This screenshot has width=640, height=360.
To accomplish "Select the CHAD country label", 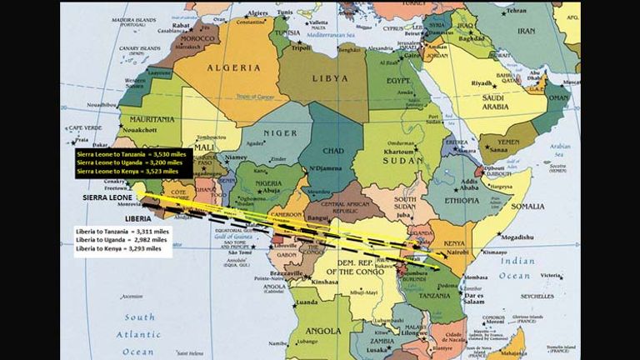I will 332,151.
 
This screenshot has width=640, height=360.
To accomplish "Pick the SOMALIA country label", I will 527,206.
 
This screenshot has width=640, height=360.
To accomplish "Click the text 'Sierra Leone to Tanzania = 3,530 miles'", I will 127,154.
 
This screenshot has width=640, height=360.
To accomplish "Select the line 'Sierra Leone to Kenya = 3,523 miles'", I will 127,171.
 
